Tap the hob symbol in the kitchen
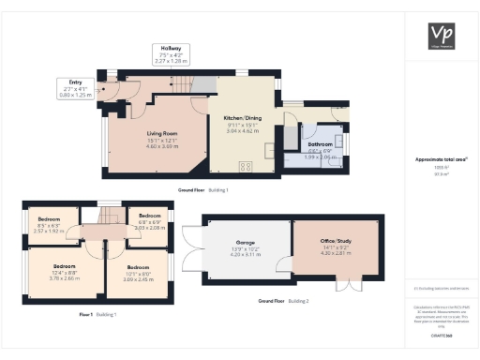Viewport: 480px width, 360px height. coord(247,166)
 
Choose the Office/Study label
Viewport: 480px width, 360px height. coord(335,247)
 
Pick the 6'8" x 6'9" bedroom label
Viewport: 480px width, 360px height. coord(148,223)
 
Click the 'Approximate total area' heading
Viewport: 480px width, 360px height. coord(440,159)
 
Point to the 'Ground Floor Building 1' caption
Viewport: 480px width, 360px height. coord(202,190)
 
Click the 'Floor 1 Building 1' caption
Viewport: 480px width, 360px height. coord(97,314)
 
